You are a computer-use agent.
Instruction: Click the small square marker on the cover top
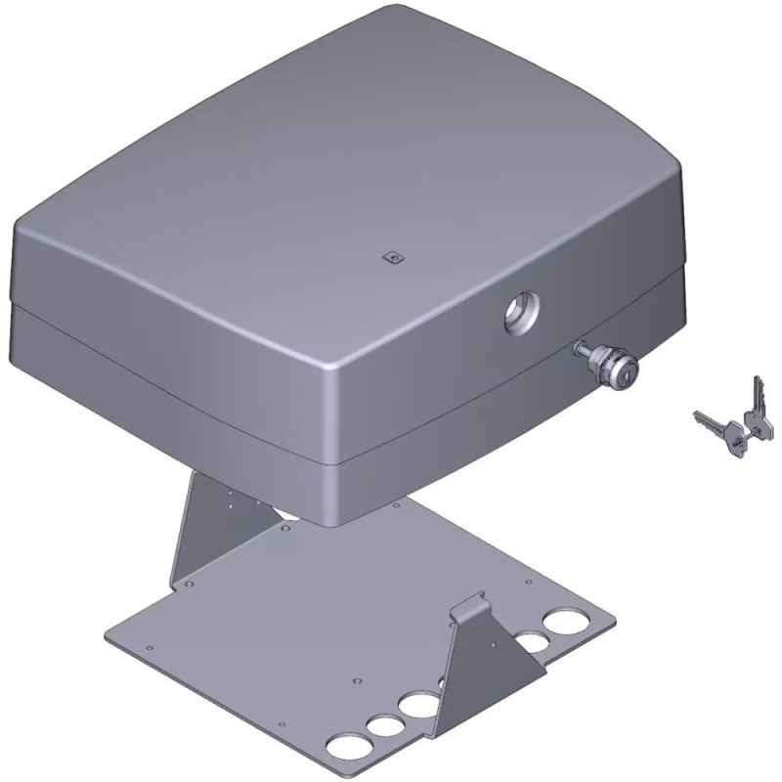(x=393, y=258)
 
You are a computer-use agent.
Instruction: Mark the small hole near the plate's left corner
(x=149, y=647)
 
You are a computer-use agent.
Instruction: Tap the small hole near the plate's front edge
(x=282, y=725)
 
